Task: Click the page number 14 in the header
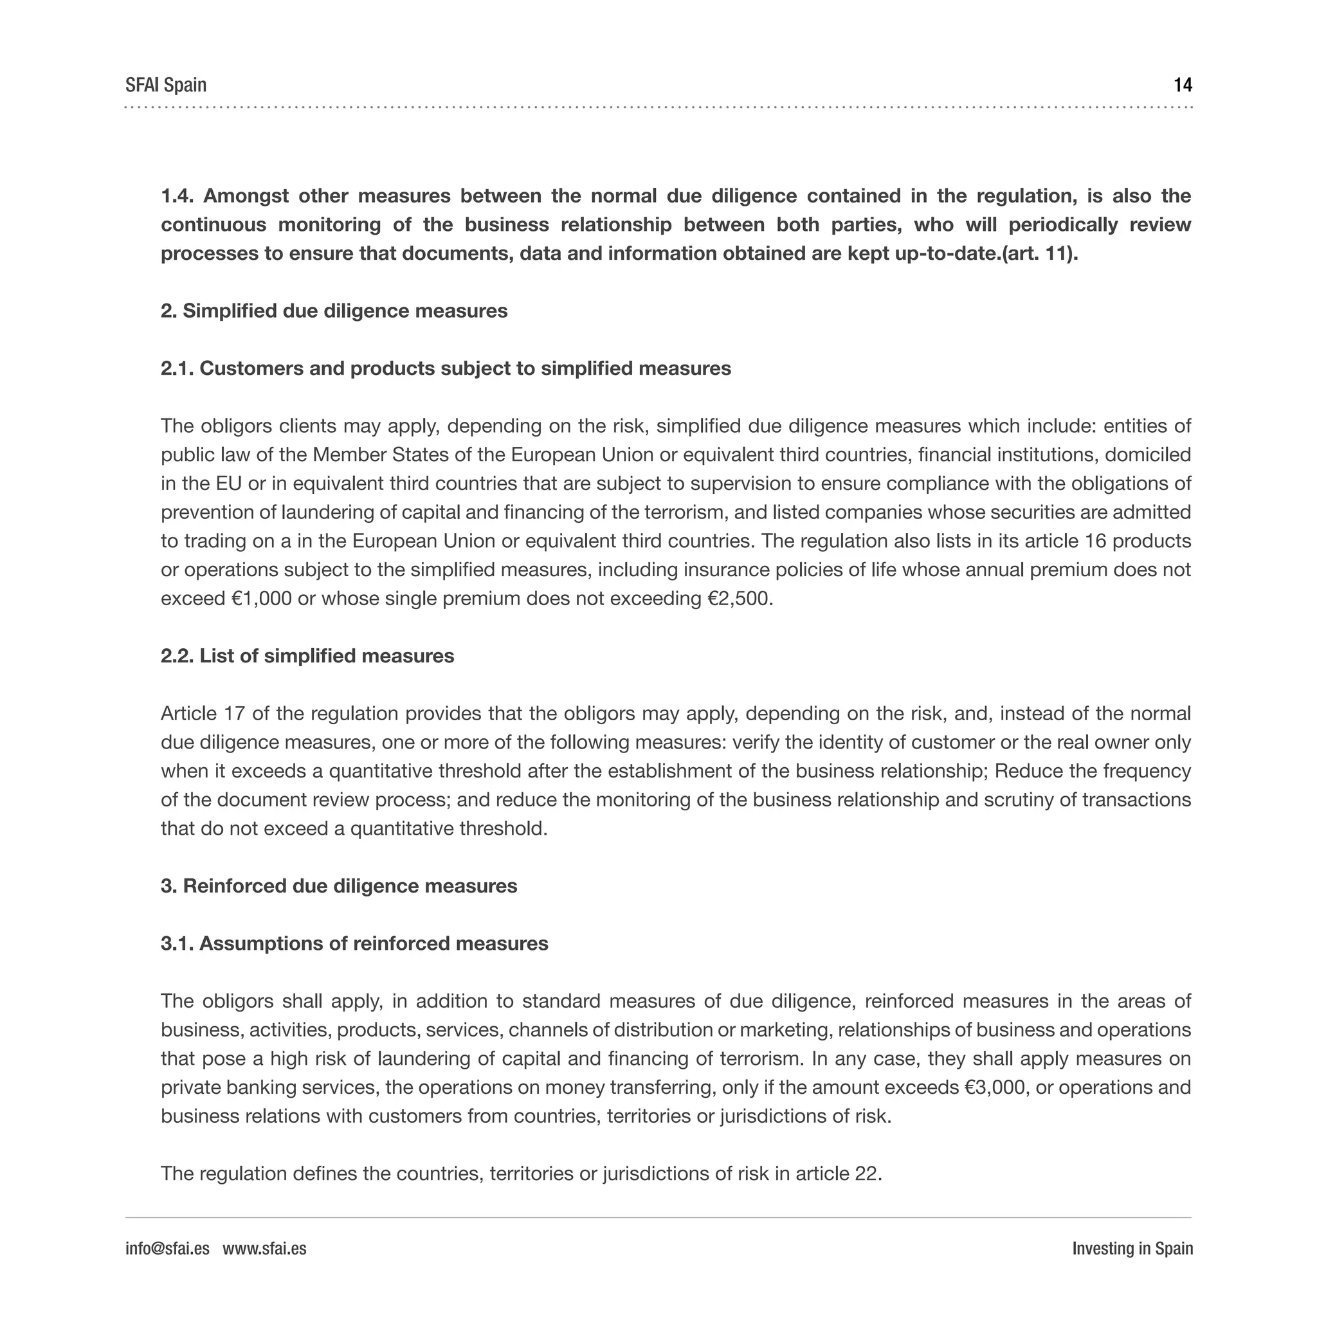(x=1182, y=86)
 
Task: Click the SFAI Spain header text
(x=166, y=86)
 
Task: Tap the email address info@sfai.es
(x=167, y=1248)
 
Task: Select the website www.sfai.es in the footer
(x=264, y=1248)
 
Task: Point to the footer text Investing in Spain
(x=1132, y=1248)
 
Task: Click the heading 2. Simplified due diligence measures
(x=334, y=311)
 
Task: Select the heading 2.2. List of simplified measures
(x=307, y=656)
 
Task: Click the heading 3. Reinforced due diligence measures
(x=339, y=886)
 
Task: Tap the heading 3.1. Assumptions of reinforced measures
(x=354, y=943)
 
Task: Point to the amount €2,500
(x=740, y=599)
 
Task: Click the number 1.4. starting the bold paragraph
(x=177, y=196)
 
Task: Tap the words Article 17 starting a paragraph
(x=202, y=714)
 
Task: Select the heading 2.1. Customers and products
(x=446, y=368)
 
